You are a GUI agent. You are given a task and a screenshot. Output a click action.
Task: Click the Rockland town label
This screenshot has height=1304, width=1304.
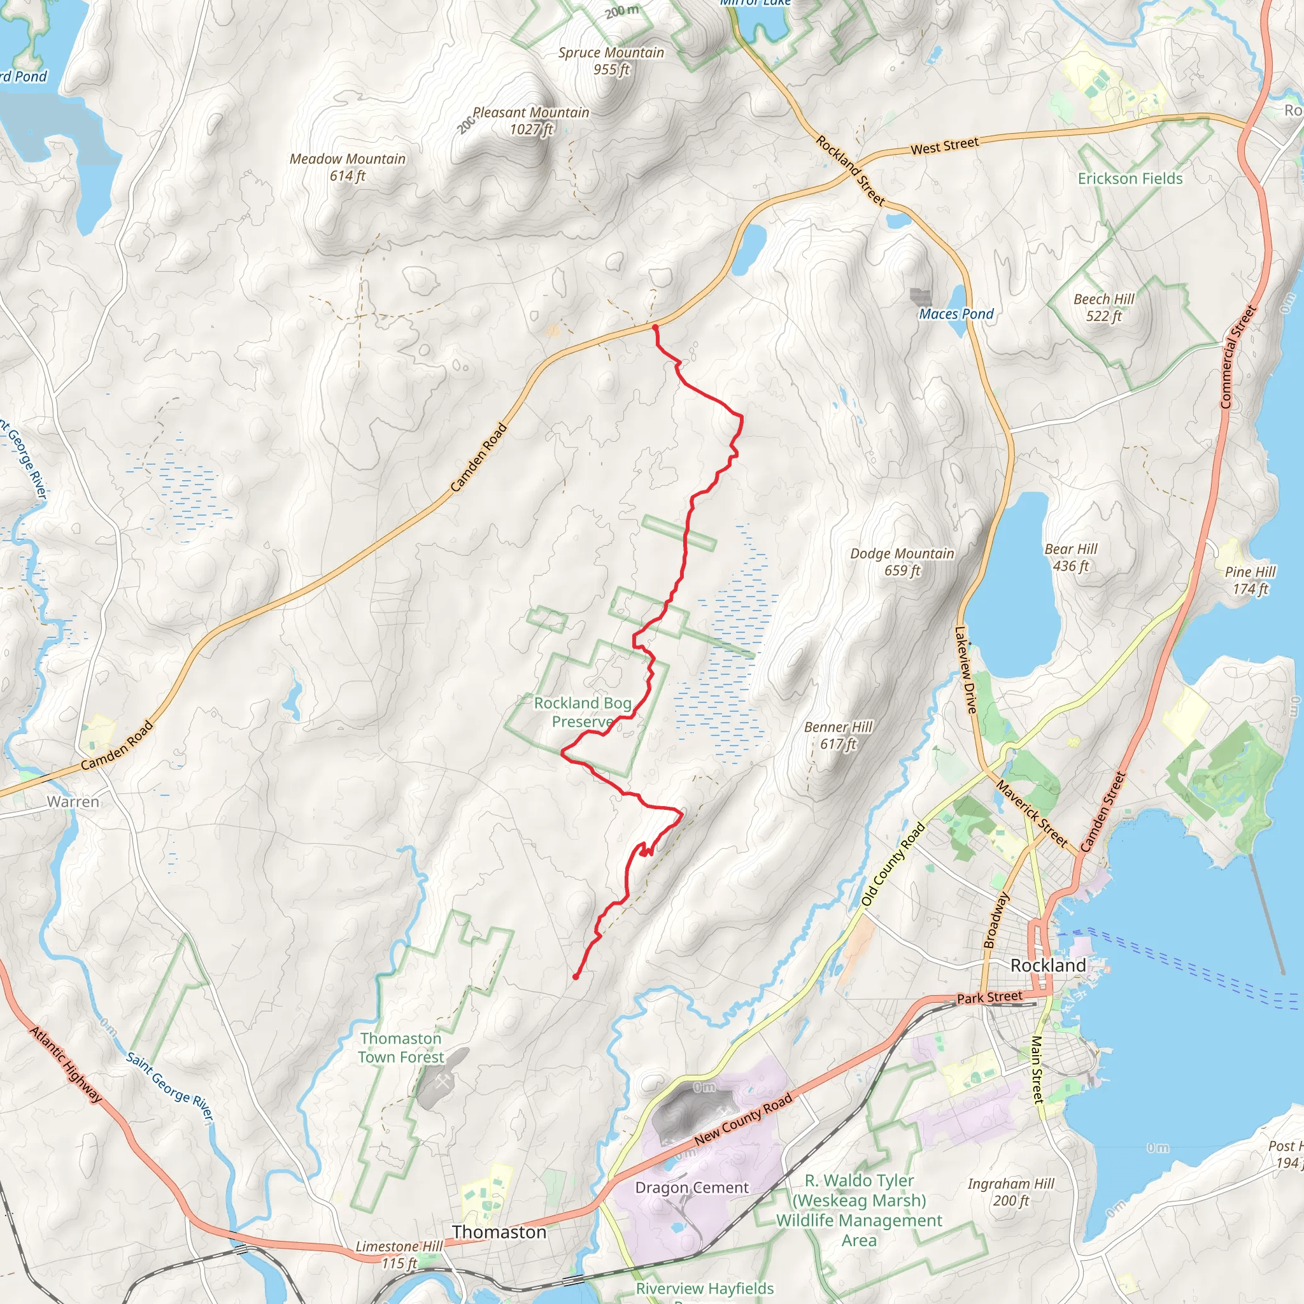pyautogui.click(x=1047, y=965)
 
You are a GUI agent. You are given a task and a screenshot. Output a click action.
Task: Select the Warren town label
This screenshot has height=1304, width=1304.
pyautogui.click(x=73, y=802)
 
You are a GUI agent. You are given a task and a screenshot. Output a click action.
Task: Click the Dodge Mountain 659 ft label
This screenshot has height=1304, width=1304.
pyautogui.click(x=902, y=562)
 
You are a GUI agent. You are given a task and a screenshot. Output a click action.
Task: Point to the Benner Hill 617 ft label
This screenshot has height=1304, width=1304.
pyautogui.click(x=838, y=735)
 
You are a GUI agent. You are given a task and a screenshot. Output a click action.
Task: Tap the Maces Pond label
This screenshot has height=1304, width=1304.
pyautogui.click(x=956, y=314)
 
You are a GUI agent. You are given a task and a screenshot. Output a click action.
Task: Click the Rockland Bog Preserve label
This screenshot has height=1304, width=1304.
pyautogui.click(x=583, y=712)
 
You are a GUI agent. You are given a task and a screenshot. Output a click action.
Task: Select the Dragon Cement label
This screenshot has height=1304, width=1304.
pyautogui.click(x=692, y=1187)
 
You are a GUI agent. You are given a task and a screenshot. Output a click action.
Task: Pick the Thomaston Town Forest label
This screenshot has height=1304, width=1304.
pyautogui.click(x=401, y=1047)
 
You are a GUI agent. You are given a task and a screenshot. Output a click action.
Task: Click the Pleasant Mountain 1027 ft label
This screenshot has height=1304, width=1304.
pyautogui.click(x=530, y=121)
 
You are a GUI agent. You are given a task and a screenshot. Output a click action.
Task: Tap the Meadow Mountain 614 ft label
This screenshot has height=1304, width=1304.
pyautogui.click(x=348, y=167)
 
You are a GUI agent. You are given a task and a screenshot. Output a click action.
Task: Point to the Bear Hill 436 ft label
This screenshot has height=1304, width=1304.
pyautogui.click(x=1070, y=558)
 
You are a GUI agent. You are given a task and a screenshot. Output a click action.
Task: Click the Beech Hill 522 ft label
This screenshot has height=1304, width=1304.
pyautogui.click(x=1103, y=307)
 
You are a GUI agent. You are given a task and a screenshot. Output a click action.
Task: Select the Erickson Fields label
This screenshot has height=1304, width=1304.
pyautogui.click(x=1130, y=179)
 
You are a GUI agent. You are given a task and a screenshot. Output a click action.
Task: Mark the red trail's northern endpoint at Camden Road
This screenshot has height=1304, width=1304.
pyautogui.click(x=655, y=327)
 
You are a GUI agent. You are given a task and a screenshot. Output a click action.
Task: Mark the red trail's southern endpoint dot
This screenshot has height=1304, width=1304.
pyautogui.click(x=575, y=977)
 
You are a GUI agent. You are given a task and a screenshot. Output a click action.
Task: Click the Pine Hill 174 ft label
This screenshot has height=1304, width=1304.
pyautogui.click(x=1249, y=581)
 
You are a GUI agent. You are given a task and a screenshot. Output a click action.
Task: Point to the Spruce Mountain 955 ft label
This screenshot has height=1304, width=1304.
pyautogui.click(x=611, y=60)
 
